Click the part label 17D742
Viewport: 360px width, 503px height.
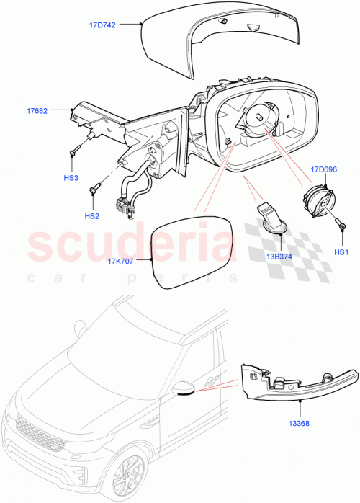(x=103, y=24)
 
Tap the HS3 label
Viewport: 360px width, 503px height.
(x=71, y=177)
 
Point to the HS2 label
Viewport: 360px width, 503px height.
(x=92, y=215)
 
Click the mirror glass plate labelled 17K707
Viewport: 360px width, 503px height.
(x=192, y=253)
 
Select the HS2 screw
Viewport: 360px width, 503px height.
(x=94, y=190)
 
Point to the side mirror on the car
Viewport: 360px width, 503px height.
(x=184, y=389)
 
